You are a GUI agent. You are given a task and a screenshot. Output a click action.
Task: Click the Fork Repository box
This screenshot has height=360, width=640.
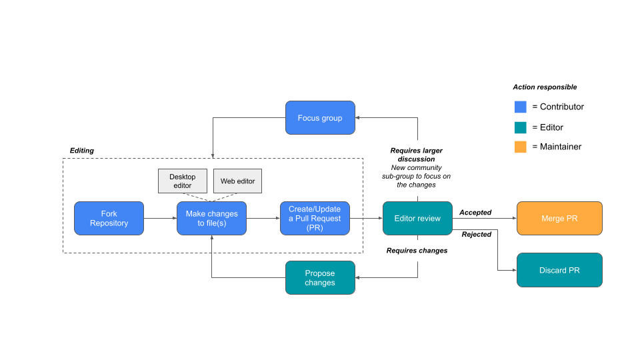(109, 218)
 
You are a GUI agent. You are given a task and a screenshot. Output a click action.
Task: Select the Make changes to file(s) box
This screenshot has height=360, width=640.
(211, 218)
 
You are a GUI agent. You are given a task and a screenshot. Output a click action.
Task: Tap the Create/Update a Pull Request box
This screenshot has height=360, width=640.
(315, 218)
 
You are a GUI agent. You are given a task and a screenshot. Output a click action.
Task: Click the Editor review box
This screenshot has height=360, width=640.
(417, 218)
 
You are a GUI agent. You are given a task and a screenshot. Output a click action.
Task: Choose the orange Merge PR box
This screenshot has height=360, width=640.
(559, 218)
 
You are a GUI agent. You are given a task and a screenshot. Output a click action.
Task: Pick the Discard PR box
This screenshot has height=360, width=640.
(559, 270)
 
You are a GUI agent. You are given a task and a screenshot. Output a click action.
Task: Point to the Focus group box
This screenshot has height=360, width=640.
(320, 118)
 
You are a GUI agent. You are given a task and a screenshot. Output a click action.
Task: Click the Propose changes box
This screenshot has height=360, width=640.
(320, 277)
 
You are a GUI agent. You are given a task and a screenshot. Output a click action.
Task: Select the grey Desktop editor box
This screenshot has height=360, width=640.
(183, 181)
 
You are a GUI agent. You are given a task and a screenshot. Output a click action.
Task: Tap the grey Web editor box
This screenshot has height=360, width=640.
(237, 181)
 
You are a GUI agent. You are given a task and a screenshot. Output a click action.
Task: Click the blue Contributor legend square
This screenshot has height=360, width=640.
(521, 107)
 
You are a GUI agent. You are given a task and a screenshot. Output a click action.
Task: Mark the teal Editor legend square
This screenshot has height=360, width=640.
(521, 127)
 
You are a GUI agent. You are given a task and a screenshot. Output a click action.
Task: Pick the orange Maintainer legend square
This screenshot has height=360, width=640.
(521, 147)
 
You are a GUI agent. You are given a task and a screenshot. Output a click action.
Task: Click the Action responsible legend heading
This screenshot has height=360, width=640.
(545, 87)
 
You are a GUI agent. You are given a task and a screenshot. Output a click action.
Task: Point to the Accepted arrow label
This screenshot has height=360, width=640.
(475, 213)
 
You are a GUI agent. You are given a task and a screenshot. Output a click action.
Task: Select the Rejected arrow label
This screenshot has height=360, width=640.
(476, 234)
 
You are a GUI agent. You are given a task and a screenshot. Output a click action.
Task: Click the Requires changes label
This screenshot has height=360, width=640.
(417, 251)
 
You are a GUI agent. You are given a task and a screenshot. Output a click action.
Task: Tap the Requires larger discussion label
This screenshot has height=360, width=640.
(416, 155)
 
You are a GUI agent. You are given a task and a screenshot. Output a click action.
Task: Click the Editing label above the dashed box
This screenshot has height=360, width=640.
(82, 151)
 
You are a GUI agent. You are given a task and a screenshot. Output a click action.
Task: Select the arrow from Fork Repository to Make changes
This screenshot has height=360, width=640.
(160, 218)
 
